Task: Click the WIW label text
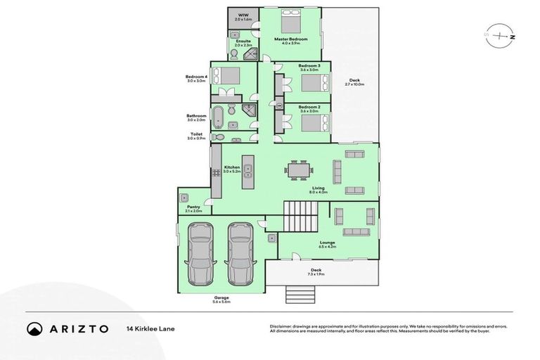243,14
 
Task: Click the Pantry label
194,207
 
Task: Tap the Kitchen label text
232,167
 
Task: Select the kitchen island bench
247,172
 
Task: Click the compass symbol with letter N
500,34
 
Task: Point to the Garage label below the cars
221,297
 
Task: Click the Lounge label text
327,243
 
